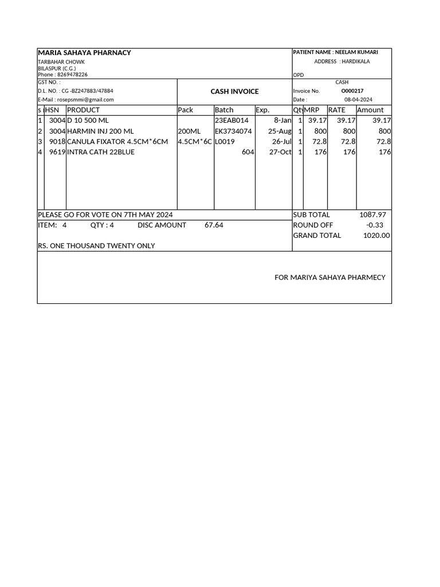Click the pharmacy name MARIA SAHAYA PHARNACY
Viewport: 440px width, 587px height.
(x=84, y=53)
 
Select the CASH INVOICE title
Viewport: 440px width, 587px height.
(x=234, y=91)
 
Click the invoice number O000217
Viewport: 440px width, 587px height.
(x=352, y=91)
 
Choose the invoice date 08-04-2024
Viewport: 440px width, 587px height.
(x=358, y=99)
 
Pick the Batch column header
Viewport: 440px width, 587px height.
(x=224, y=110)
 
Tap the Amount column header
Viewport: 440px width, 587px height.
(x=370, y=110)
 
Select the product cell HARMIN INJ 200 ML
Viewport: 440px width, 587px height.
(x=100, y=131)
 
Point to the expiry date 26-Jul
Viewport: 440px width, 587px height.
(x=282, y=142)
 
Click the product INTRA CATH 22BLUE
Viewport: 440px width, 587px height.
(x=101, y=152)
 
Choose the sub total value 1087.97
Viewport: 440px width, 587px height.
(x=372, y=215)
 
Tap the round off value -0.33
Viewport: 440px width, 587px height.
(x=375, y=225)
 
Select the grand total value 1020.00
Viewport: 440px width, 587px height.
(x=376, y=236)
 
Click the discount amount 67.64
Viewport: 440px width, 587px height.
(x=214, y=225)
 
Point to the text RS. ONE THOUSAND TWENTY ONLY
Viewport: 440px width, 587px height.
(x=96, y=246)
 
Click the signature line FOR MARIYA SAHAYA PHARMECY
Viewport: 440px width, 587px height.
(x=330, y=277)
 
